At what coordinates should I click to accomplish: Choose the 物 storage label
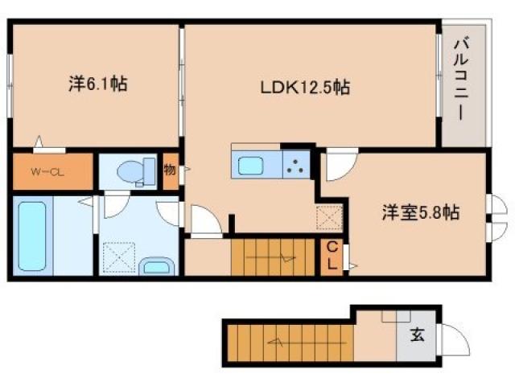point(170,170)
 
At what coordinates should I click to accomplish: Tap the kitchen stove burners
point(296,167)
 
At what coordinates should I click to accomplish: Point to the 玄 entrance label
point(418,335)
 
